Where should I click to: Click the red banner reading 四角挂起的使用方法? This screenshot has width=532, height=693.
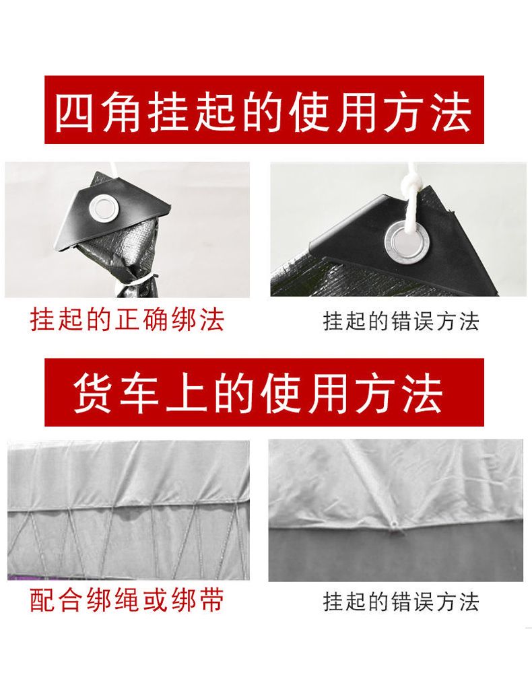click(264, 110)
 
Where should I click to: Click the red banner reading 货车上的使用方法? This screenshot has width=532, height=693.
click(264, 392)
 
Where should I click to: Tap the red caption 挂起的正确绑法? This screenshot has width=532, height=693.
click(127, 319)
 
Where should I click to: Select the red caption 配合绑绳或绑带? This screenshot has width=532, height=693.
click(127, 599)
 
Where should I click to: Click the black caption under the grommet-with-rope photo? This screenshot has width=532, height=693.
click(401, 322)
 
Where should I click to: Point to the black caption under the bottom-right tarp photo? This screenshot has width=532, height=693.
click(401, 602)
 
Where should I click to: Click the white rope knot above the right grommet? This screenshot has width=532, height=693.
click(410, 185)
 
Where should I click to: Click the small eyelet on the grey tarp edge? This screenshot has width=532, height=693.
click(393, 524)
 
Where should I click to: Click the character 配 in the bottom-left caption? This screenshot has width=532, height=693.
click(43, 600)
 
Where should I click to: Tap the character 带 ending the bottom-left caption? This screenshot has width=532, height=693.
click(211, 600)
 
